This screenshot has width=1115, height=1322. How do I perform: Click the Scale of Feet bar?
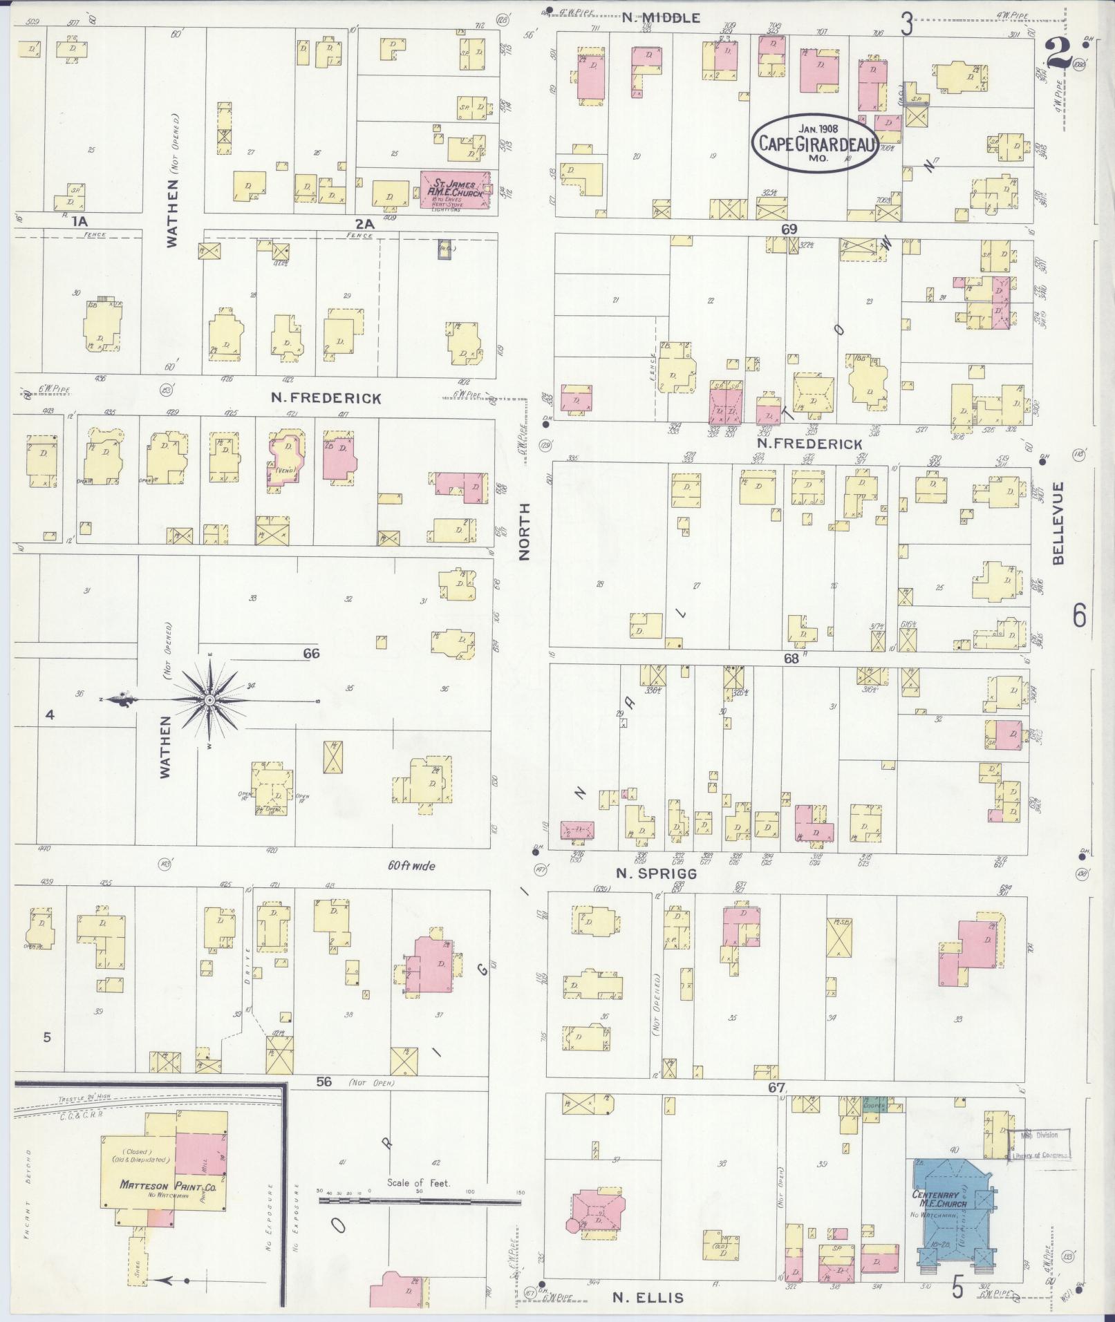point(419,1201)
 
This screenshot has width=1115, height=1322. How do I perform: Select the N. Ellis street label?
point(648,1298)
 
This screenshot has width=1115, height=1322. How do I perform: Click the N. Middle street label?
point(661,19)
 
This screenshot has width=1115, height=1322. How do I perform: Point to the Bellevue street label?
point(1058,524)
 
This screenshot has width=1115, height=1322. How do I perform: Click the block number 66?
point(311,653)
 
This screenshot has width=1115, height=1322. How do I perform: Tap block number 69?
point(789,229)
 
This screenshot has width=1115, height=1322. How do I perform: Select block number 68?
point(791,659)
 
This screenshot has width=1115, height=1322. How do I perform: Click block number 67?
point(776,1088)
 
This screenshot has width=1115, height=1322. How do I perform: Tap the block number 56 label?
point(324,1082)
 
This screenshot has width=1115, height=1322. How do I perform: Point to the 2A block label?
point(364,223)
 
